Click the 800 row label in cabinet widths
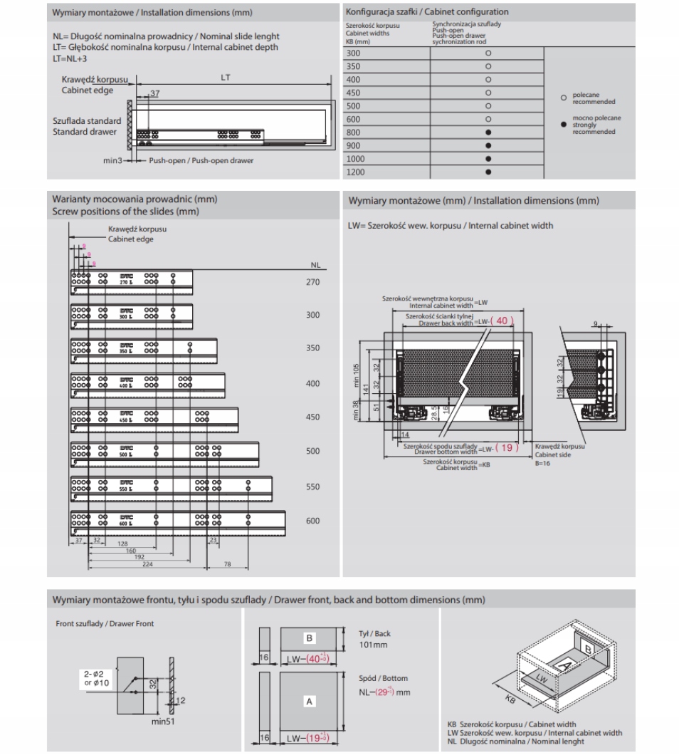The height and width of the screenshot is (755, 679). (353, 132)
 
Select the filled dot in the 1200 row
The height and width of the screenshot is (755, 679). (488, 172)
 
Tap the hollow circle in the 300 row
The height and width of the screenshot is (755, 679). (488, 53)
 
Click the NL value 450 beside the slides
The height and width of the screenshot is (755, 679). (312, 417)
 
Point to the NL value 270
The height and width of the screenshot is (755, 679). (312, 282)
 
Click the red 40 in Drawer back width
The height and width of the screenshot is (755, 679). (502, 322)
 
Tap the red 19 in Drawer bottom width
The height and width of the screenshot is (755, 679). (505, 447)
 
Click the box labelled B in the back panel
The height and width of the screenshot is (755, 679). (310, 637)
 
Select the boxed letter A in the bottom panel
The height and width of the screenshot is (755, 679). (310, 702)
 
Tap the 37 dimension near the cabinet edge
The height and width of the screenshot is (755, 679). (155, 93)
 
